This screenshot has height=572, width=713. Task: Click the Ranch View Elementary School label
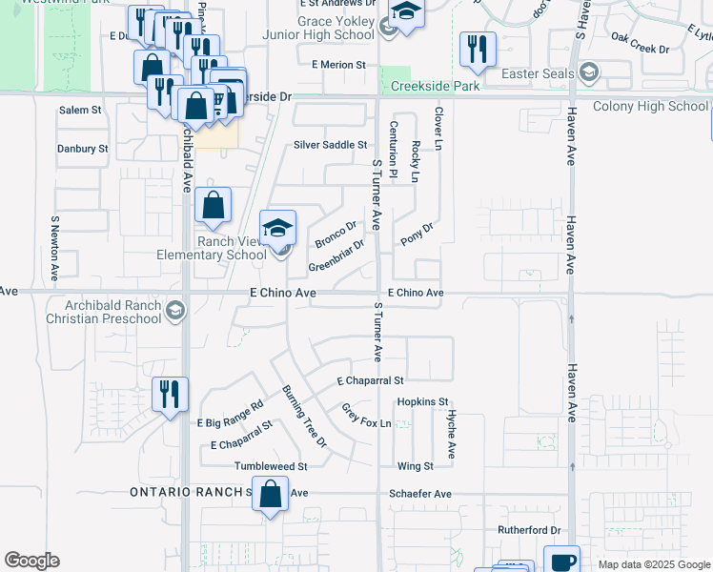pyautogui.click(x=218, y=248)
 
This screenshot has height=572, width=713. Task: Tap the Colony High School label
pyautogui.click(x=651, y=106)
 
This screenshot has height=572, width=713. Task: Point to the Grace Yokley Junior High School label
pyautogui.click(x=322, y=28)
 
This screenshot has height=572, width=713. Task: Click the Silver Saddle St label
pyautogui.click(x=330, y=145)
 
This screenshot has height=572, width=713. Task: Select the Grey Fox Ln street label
pyautogui.click(x=367, y=415)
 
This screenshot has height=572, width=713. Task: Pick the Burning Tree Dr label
pyautogui.click(x=304, y=417)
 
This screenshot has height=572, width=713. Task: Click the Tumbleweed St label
pyautogui.click(x=272, y=467)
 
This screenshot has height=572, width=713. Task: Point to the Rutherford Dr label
pyautogui.click(x=529, y=530)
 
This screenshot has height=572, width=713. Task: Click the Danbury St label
pyautogui.click(x=82, y=149)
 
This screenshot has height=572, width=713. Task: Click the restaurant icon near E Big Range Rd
pyautogui.click(x=171, y=394)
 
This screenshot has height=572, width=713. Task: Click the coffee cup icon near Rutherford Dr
pyautogui.click(x=561, y=561)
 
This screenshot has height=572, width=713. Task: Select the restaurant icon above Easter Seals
pyautogui.click(x=478, y=49)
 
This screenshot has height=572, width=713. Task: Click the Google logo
pyautogui.click(x=31, y=561)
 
